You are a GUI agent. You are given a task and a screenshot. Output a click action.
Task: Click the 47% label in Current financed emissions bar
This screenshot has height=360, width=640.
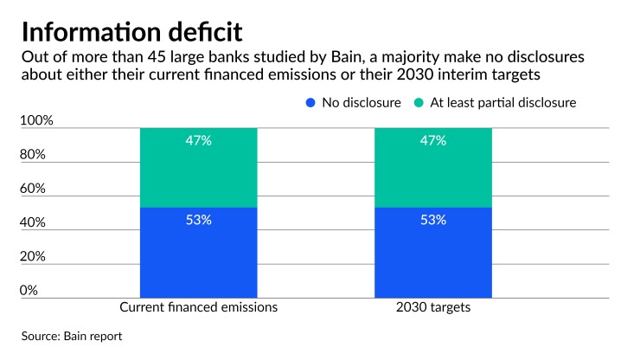pos(198,140)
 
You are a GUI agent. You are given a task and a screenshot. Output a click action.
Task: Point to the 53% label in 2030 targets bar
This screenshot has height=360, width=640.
pos(433,220)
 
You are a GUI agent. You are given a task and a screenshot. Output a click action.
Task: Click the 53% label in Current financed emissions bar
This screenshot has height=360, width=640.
pos(198,220)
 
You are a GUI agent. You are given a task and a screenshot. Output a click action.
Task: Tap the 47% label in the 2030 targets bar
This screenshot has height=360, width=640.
pos(433,140)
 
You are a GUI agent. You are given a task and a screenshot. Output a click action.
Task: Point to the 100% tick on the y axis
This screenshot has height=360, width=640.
pos(36,121)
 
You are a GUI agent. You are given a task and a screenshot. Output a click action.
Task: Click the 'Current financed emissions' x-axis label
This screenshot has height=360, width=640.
pos(198,307)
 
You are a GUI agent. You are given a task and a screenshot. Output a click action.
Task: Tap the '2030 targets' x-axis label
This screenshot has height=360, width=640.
pos(433,307)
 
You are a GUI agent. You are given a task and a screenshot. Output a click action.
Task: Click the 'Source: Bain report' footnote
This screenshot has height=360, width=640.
pos(72,336)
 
